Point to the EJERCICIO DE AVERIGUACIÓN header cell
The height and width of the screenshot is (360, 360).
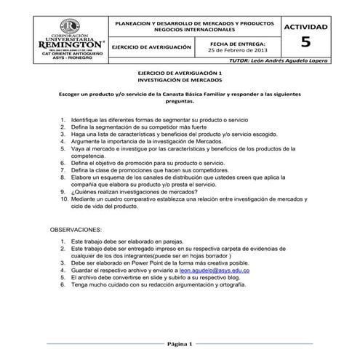click(156, 46)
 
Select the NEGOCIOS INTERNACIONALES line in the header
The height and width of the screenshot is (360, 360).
click(197, 31)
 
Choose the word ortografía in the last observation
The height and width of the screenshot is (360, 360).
click(212, 286)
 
